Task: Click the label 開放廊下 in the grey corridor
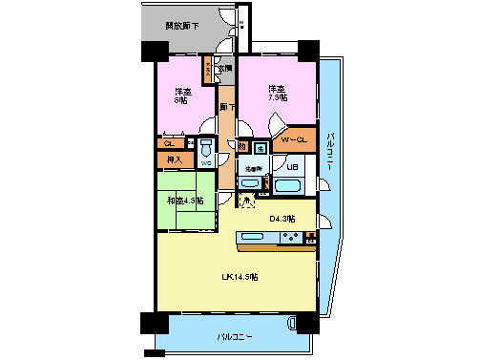pos(182,26)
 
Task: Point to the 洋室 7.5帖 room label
pos(276,92)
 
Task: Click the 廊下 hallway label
pos(227,108)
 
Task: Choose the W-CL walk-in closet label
pos(294,141)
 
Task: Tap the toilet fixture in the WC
pos(206,149)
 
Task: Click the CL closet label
pos(167,144)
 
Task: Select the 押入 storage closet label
pos(174,159)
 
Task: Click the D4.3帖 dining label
pos(282,219)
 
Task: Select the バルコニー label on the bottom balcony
pos(234,337)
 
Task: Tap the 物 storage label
pos(243,147)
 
